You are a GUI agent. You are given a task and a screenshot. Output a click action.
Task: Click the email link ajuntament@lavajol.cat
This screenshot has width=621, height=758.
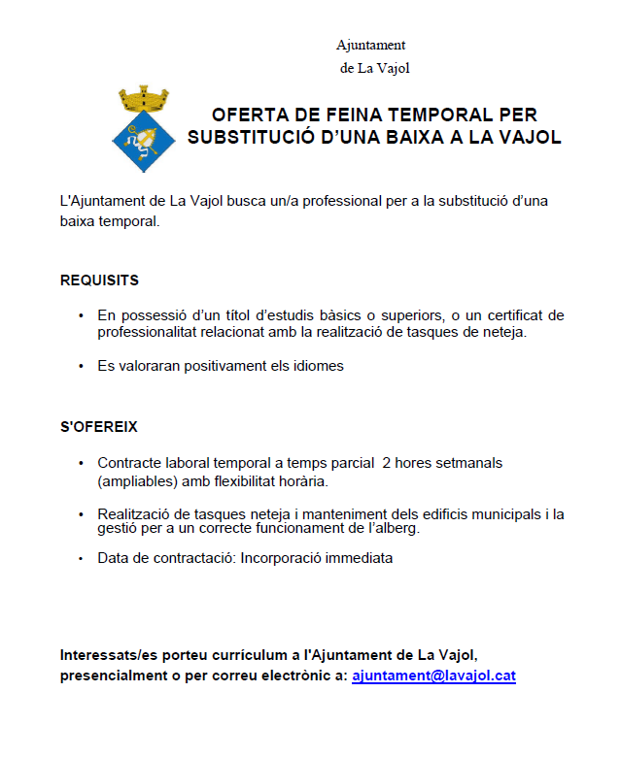[x=433, y=675]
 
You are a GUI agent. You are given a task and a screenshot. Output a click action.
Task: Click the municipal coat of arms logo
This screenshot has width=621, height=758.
[x=143, y=129]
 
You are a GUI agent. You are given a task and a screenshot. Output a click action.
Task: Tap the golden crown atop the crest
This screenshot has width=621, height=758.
[x=143, y=99]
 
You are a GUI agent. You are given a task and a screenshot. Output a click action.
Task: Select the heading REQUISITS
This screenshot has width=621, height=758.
[x=99, y=280]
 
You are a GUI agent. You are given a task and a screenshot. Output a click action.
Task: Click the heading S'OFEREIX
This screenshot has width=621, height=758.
[x=100, y=427]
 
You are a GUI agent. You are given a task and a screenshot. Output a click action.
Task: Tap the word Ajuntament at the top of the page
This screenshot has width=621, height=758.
[x=370, y=45]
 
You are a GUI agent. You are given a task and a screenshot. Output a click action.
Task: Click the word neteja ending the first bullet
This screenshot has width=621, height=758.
[x=503, y=332]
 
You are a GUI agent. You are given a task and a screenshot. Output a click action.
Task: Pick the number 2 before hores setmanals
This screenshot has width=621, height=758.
[x=387, y=463]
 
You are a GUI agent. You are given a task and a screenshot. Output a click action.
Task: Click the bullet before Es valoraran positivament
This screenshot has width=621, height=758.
[x=81, y=367]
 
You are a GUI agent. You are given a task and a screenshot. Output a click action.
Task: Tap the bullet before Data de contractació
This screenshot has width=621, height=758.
[x=81, y=559]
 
